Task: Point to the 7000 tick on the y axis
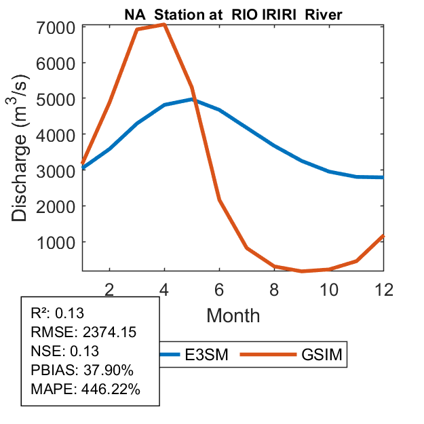click(57, 28)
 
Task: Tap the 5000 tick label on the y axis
click(57, 99)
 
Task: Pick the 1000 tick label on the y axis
click(57, 242)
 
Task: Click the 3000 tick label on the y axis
click(57, 170)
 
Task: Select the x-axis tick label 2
click(109, 288)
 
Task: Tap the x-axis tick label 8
click(274, 288)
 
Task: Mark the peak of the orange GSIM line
click(164, 24)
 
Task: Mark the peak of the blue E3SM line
click(192, 99)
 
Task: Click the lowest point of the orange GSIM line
click(302, 271)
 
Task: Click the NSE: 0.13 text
click(65, 351)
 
